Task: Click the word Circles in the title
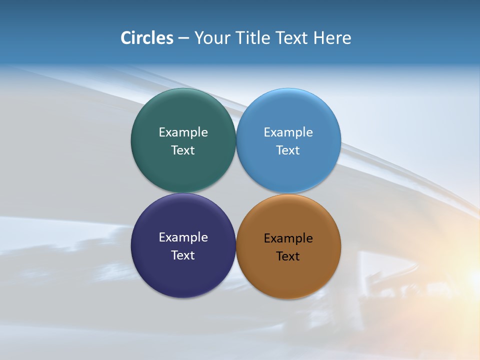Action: click(147, 38)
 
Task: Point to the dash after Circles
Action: click(183, 38)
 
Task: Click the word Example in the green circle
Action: click(183, 132)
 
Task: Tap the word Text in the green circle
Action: click(183, 150)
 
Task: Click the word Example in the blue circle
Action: click(288, 132)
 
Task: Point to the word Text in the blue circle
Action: click(288, 150)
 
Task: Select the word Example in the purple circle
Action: click(183, 237)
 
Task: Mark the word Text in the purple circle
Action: click(183, 255)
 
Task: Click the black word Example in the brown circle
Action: click(288, 238)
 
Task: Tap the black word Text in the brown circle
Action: click(288, 256)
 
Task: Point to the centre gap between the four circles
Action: click(236, 193)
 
